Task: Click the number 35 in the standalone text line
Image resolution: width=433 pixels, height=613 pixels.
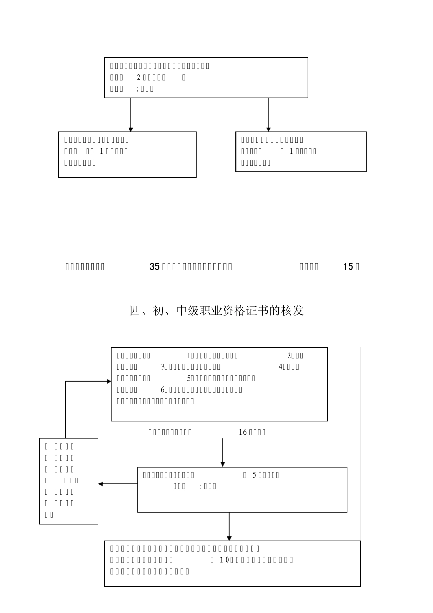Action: click(155, 267)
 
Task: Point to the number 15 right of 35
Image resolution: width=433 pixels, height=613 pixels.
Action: click(348, 267)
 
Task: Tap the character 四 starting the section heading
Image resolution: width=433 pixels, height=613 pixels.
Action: click(135, 311)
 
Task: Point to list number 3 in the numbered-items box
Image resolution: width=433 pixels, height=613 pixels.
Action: click(163, 367)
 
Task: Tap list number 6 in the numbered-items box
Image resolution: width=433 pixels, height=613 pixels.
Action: click(163, 390)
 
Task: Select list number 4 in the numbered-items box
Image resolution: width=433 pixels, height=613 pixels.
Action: click(280, 367)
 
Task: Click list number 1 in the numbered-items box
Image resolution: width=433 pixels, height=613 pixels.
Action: click(189, 356)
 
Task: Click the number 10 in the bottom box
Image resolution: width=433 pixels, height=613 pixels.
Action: click(223, 560)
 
